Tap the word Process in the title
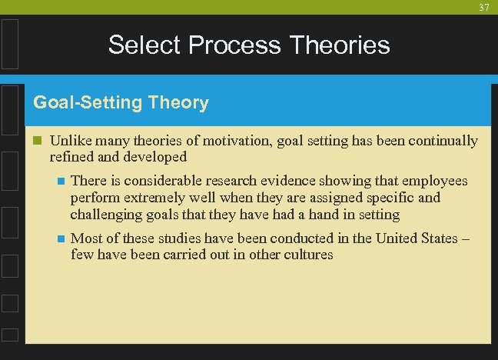tap(232, 45)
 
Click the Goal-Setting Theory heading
tap(121, 102)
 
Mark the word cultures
tap(305, 255)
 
